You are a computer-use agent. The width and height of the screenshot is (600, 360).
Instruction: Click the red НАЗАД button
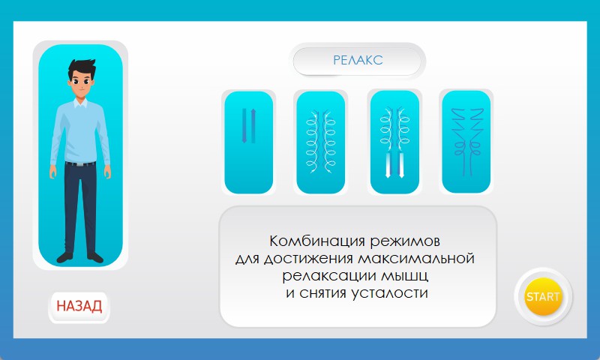(79, 307)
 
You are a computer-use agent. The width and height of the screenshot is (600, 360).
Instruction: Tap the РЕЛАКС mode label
(358, 60)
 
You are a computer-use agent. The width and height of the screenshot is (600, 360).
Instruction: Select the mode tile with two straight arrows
(249, 142)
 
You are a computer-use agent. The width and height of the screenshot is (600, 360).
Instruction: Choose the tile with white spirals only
(321, 142)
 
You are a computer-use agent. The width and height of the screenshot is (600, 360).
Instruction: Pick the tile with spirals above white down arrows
(394, 142)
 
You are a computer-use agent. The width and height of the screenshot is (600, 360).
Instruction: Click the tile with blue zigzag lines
(466, 142)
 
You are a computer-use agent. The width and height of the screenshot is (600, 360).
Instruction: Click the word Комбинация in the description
(317, 241)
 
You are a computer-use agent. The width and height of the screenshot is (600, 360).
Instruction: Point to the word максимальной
(416, 259)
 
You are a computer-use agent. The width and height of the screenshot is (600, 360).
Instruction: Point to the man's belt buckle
(79, 164)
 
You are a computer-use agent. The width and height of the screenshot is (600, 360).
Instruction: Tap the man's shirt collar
(80, 103)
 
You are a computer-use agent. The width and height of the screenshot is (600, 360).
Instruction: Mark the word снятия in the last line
(323, 293)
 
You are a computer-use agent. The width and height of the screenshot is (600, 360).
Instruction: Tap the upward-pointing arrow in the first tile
(253, 126)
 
